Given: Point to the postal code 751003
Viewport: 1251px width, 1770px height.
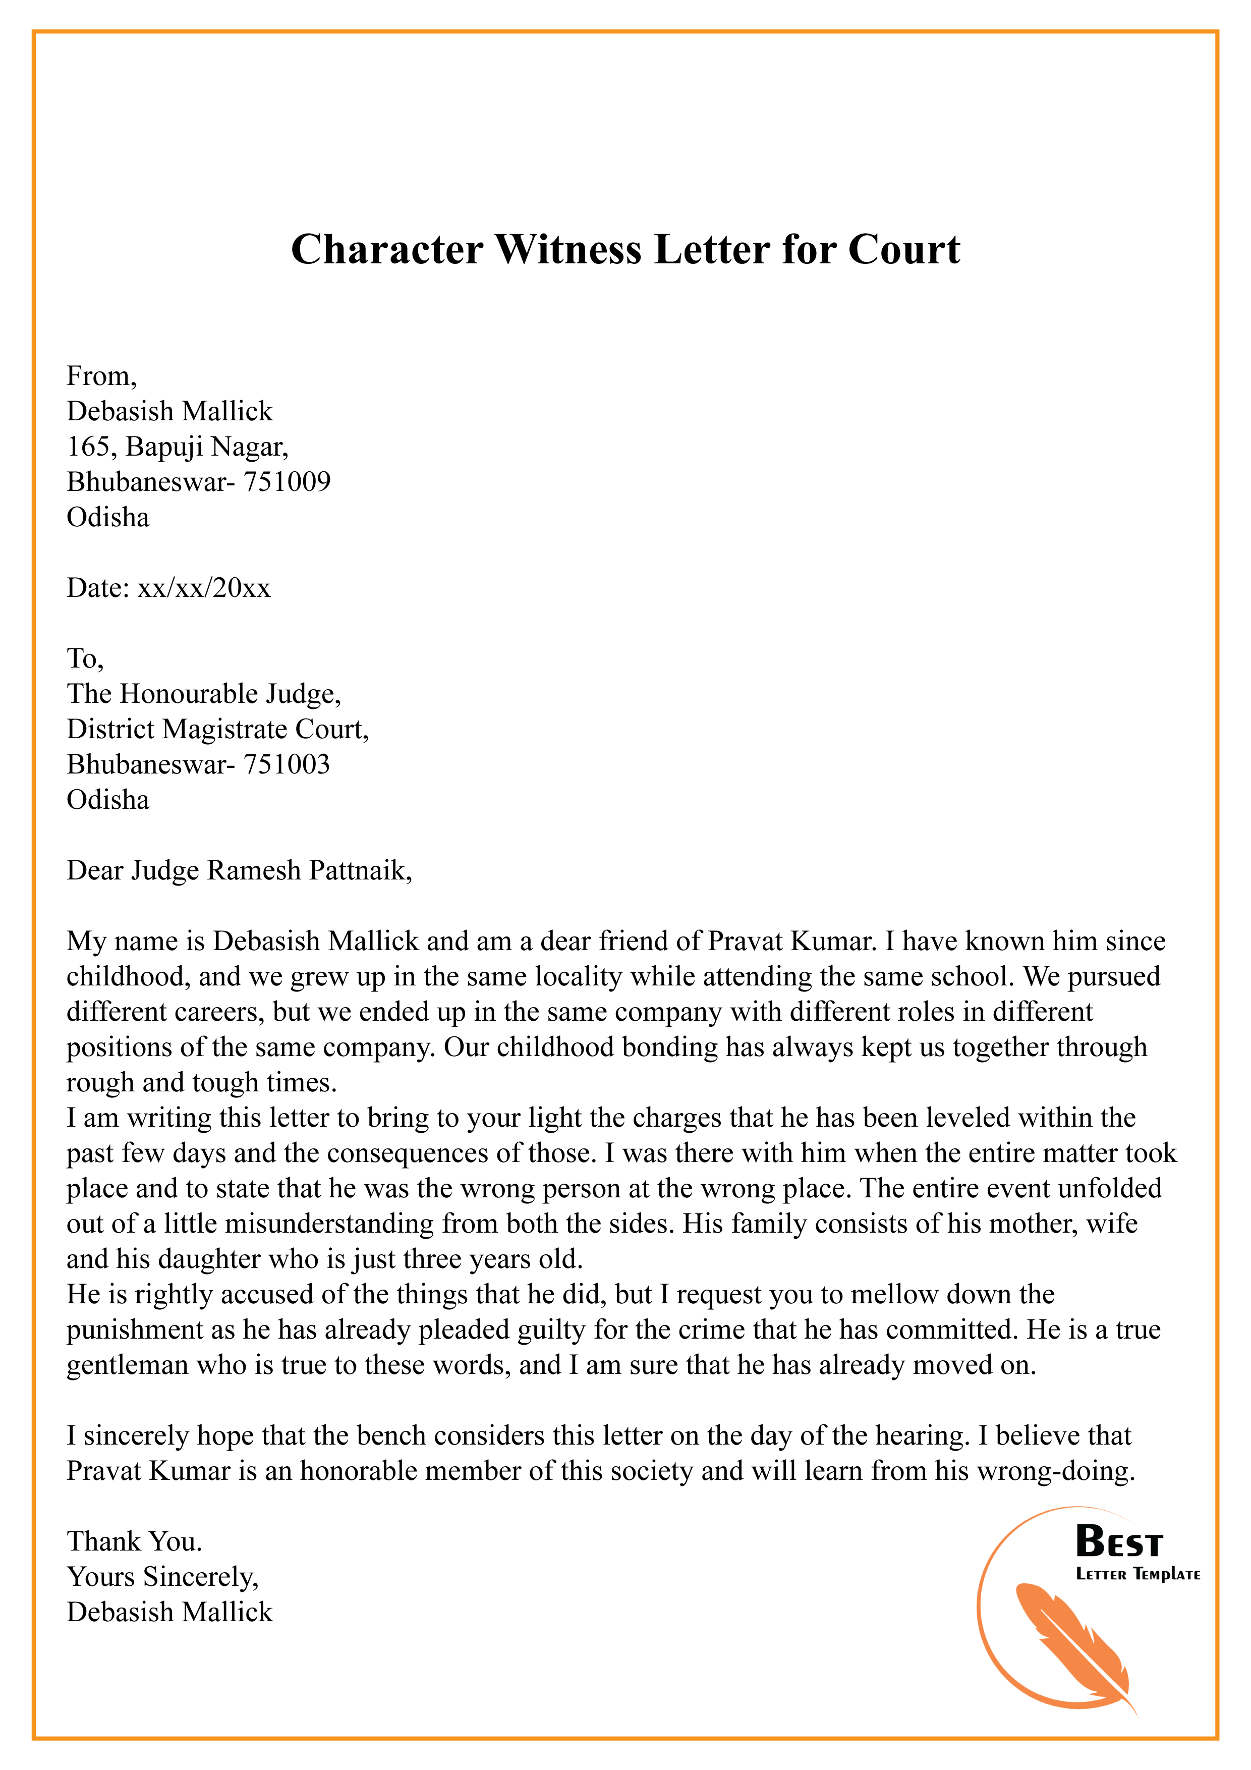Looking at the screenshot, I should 287,764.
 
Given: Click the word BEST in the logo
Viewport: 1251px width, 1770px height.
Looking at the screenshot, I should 1118,1542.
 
